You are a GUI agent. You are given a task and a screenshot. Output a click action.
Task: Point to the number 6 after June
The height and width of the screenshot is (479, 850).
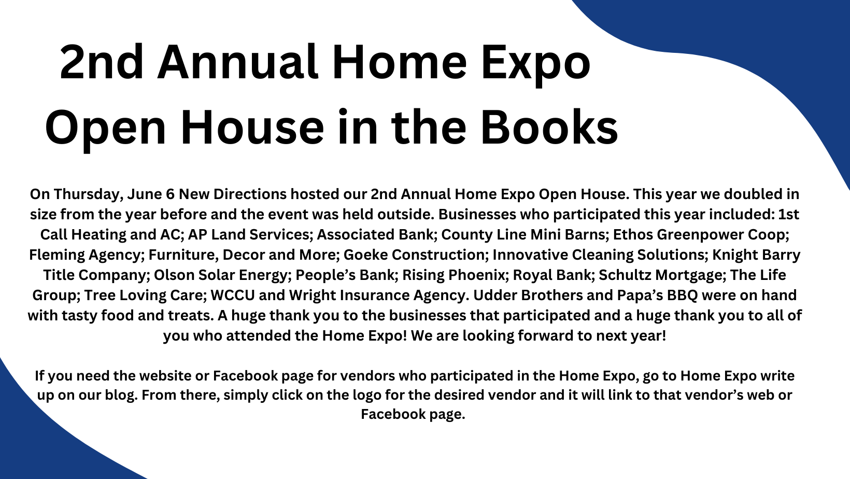coord(169,194)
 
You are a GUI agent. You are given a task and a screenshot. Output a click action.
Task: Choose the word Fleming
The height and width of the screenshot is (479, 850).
coord(56,255)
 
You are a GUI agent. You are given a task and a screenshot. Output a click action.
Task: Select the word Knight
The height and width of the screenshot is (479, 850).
coord(734,255)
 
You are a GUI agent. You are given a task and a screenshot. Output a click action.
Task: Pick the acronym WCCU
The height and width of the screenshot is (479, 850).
coord(233,295)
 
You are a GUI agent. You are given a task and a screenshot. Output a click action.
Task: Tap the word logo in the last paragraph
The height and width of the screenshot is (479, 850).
coord(367,395)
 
